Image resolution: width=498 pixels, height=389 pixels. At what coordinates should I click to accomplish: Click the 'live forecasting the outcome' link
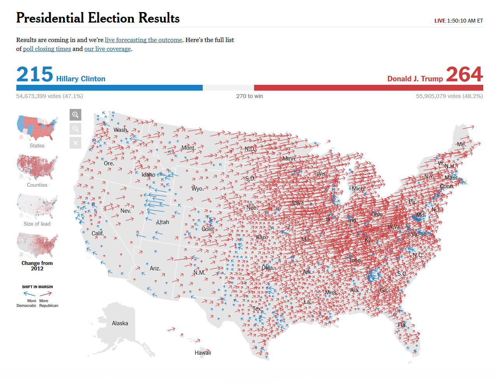click(x=143, y=40)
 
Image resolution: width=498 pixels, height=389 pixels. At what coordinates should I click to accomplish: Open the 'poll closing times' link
click(x=47, y=49)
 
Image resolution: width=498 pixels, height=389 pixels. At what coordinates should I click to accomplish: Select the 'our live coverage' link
click(x=107, y=49)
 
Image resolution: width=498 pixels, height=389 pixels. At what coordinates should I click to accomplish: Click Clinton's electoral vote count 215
click(x=35, y=74)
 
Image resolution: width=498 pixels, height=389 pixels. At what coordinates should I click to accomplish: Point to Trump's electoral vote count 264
click(x=464, y=74)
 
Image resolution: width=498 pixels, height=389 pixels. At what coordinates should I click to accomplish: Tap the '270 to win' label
click(x=249, y=96)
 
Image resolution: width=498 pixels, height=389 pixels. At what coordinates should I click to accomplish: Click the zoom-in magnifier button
click(x=75, y=115)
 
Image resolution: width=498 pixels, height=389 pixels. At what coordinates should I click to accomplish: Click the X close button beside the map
click(x=75, y=143)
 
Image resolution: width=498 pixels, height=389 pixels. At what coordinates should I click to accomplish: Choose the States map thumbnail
click(x=37, y=128)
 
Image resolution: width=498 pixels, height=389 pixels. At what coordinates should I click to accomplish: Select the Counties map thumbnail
click(x=37, y=167)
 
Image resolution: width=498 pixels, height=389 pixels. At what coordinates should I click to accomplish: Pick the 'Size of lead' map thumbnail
click(x=37, y=206)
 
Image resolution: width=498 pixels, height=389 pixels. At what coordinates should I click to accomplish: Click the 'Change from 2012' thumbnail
click(x=37, y=245)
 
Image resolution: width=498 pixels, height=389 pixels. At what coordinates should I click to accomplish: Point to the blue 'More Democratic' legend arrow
click(x=29, y=294)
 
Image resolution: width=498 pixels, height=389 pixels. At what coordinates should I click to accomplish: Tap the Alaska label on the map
click(x=120, y=323)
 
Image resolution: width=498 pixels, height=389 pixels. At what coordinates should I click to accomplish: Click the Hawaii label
click(x=203, y=353)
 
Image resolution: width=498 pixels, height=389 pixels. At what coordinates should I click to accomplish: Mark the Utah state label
click(x=163, y=222)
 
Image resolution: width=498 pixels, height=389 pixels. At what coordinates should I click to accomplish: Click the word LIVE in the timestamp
click(x=440, y=21)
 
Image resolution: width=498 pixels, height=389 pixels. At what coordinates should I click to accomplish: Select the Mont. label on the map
click(x=188, y=148)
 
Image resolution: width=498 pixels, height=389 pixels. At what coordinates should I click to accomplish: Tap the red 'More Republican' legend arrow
click(x=46, y=294)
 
